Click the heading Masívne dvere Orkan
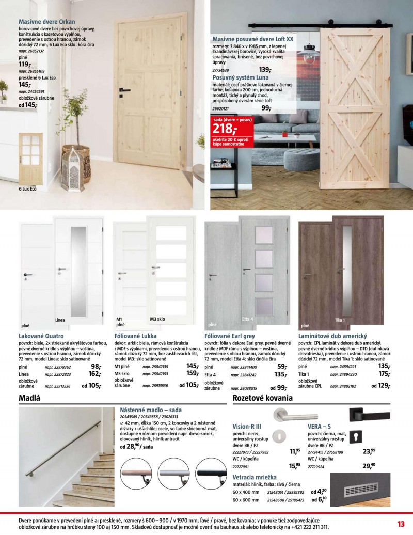[x=47, y=22]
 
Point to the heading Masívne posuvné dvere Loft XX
[x=253, y=39]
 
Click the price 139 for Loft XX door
[x=265, y=70]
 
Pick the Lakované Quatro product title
[x=41, y=336]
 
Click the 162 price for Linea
[x=94, y=374]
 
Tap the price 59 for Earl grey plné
[x=282, y=366]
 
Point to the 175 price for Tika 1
[x=384, y=374]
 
